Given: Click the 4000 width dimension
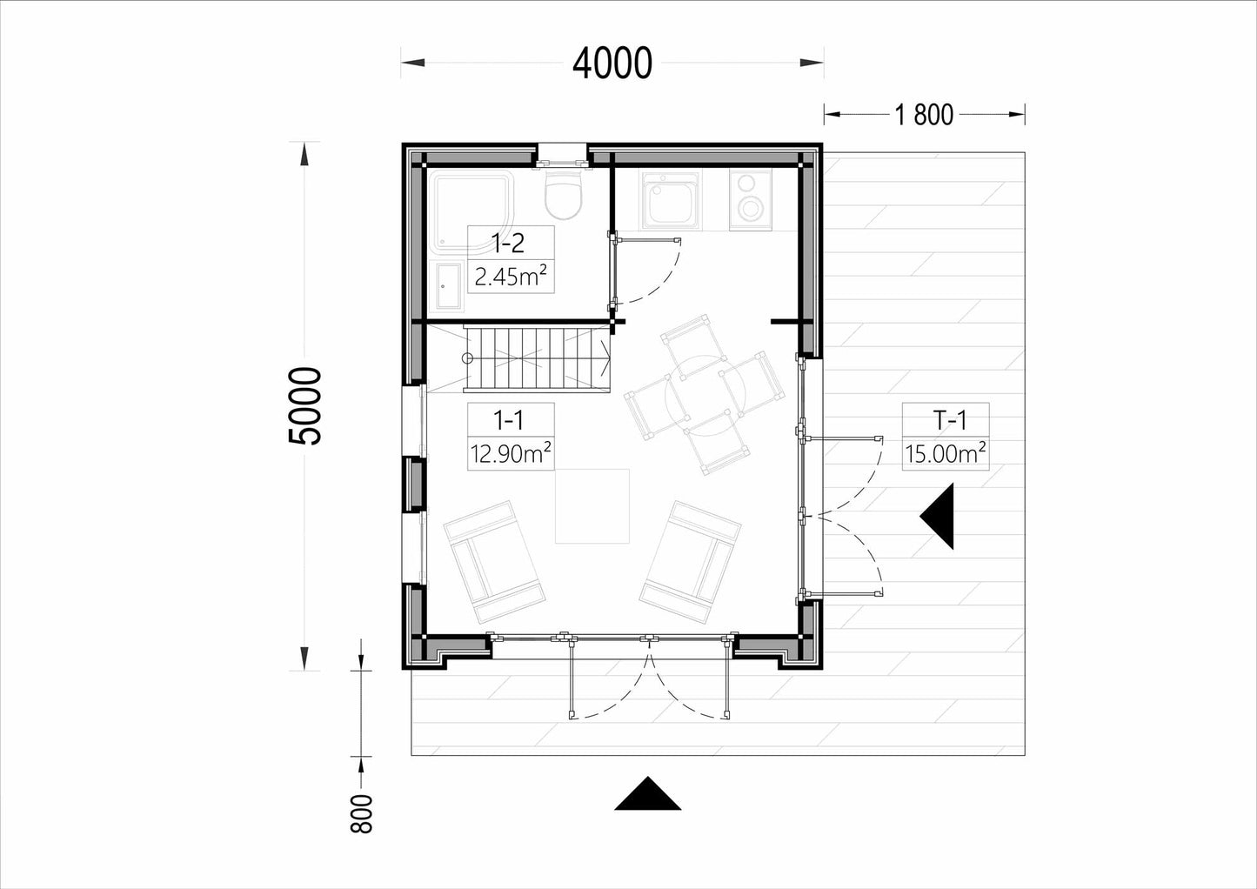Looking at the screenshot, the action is (x=612, y=63).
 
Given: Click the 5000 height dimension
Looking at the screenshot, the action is (x=305, y=406).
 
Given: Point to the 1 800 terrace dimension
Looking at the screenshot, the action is (x=924, y=115).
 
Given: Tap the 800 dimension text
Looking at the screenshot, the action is (x=362, y=813).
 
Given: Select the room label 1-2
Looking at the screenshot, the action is (x=508, y=243).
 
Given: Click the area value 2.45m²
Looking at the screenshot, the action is (x=511, y=276).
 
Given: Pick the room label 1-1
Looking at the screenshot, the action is (x=508, y=420).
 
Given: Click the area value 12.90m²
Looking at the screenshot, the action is (x=511, y=453).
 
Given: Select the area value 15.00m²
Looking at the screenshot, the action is (x=946, y=453).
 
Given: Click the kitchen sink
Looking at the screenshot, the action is (x=672, y=199).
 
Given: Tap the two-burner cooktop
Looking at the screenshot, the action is (x=750, y=199).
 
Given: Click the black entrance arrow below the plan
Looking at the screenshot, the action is (x=648, y=793).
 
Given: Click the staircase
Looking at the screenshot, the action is (x=537, y=359).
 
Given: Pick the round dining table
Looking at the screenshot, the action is (x=705, y=396).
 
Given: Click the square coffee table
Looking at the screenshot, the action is (x=592, y=506).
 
